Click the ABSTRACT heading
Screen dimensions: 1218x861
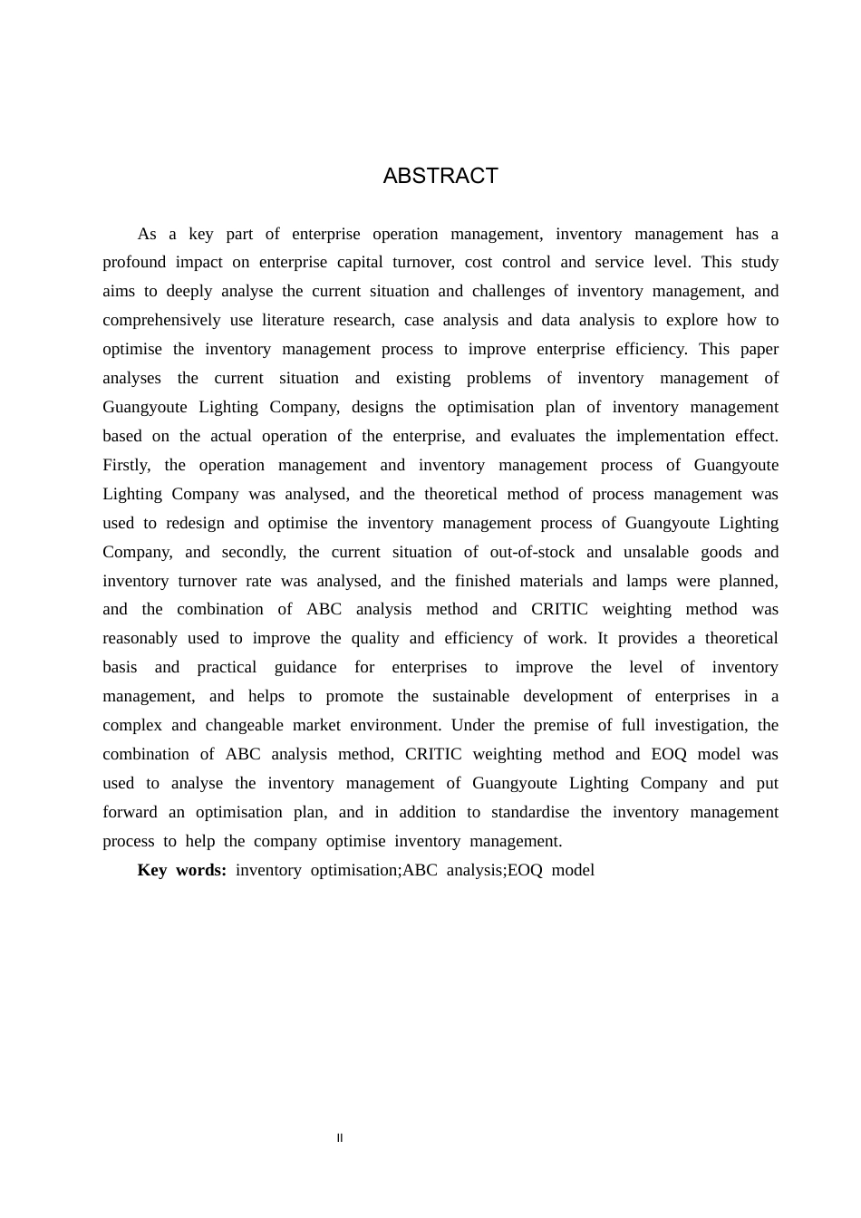[440, 176]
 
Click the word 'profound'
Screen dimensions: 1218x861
[134, 262]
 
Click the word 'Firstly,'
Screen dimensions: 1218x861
[127, 465]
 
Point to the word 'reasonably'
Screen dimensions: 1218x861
[140, 638]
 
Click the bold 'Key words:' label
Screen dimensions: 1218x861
[181, 870]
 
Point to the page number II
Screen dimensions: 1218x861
[340, 1138]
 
